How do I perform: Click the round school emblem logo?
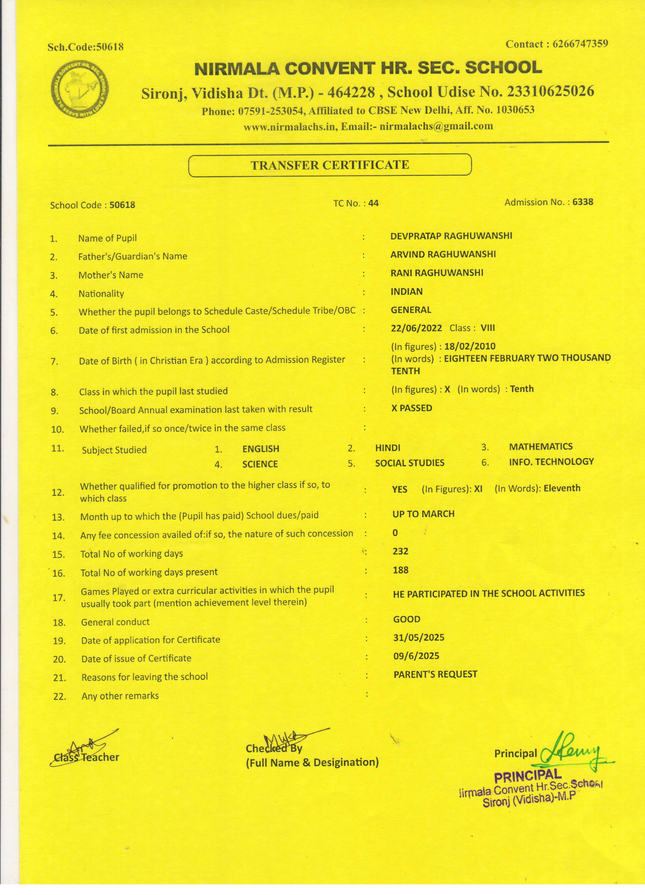pos(80,90)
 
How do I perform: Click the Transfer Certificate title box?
pos(330,165)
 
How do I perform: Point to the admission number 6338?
pos(583,202)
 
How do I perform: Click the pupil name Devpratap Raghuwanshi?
pos(451,236)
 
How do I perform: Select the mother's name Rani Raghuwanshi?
pos(437,273)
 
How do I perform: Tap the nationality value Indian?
pos(406,292)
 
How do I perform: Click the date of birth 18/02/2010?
pos(469,347)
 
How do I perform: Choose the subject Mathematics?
pos(540,447)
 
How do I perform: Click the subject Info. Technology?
pos(551,462)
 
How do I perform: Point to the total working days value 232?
pos(400,551)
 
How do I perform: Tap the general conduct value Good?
pos(406,619)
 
